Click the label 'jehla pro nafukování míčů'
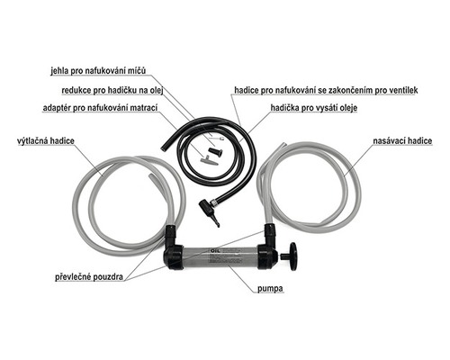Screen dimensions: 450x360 tap(98, 71)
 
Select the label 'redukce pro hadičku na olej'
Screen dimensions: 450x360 tap(112, 90)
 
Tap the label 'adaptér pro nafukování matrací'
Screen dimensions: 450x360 tap(100, 108)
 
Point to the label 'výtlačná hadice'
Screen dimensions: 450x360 tap(46, 140)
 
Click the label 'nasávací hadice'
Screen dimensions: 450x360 tap(402, 141)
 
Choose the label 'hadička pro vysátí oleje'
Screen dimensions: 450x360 tap(314, 108)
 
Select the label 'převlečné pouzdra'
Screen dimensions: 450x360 tap(89, 276)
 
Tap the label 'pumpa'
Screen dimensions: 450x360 tap(270, 289)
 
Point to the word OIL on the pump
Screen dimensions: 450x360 tap(215, 251)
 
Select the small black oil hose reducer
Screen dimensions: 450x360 tap(216, 151)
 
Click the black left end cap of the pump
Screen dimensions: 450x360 tap(174, 256)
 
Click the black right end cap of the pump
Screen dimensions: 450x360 tap(267, 256)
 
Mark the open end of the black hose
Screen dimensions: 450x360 tap(164, 148)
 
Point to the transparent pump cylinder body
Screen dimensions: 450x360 tap(220, 256)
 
